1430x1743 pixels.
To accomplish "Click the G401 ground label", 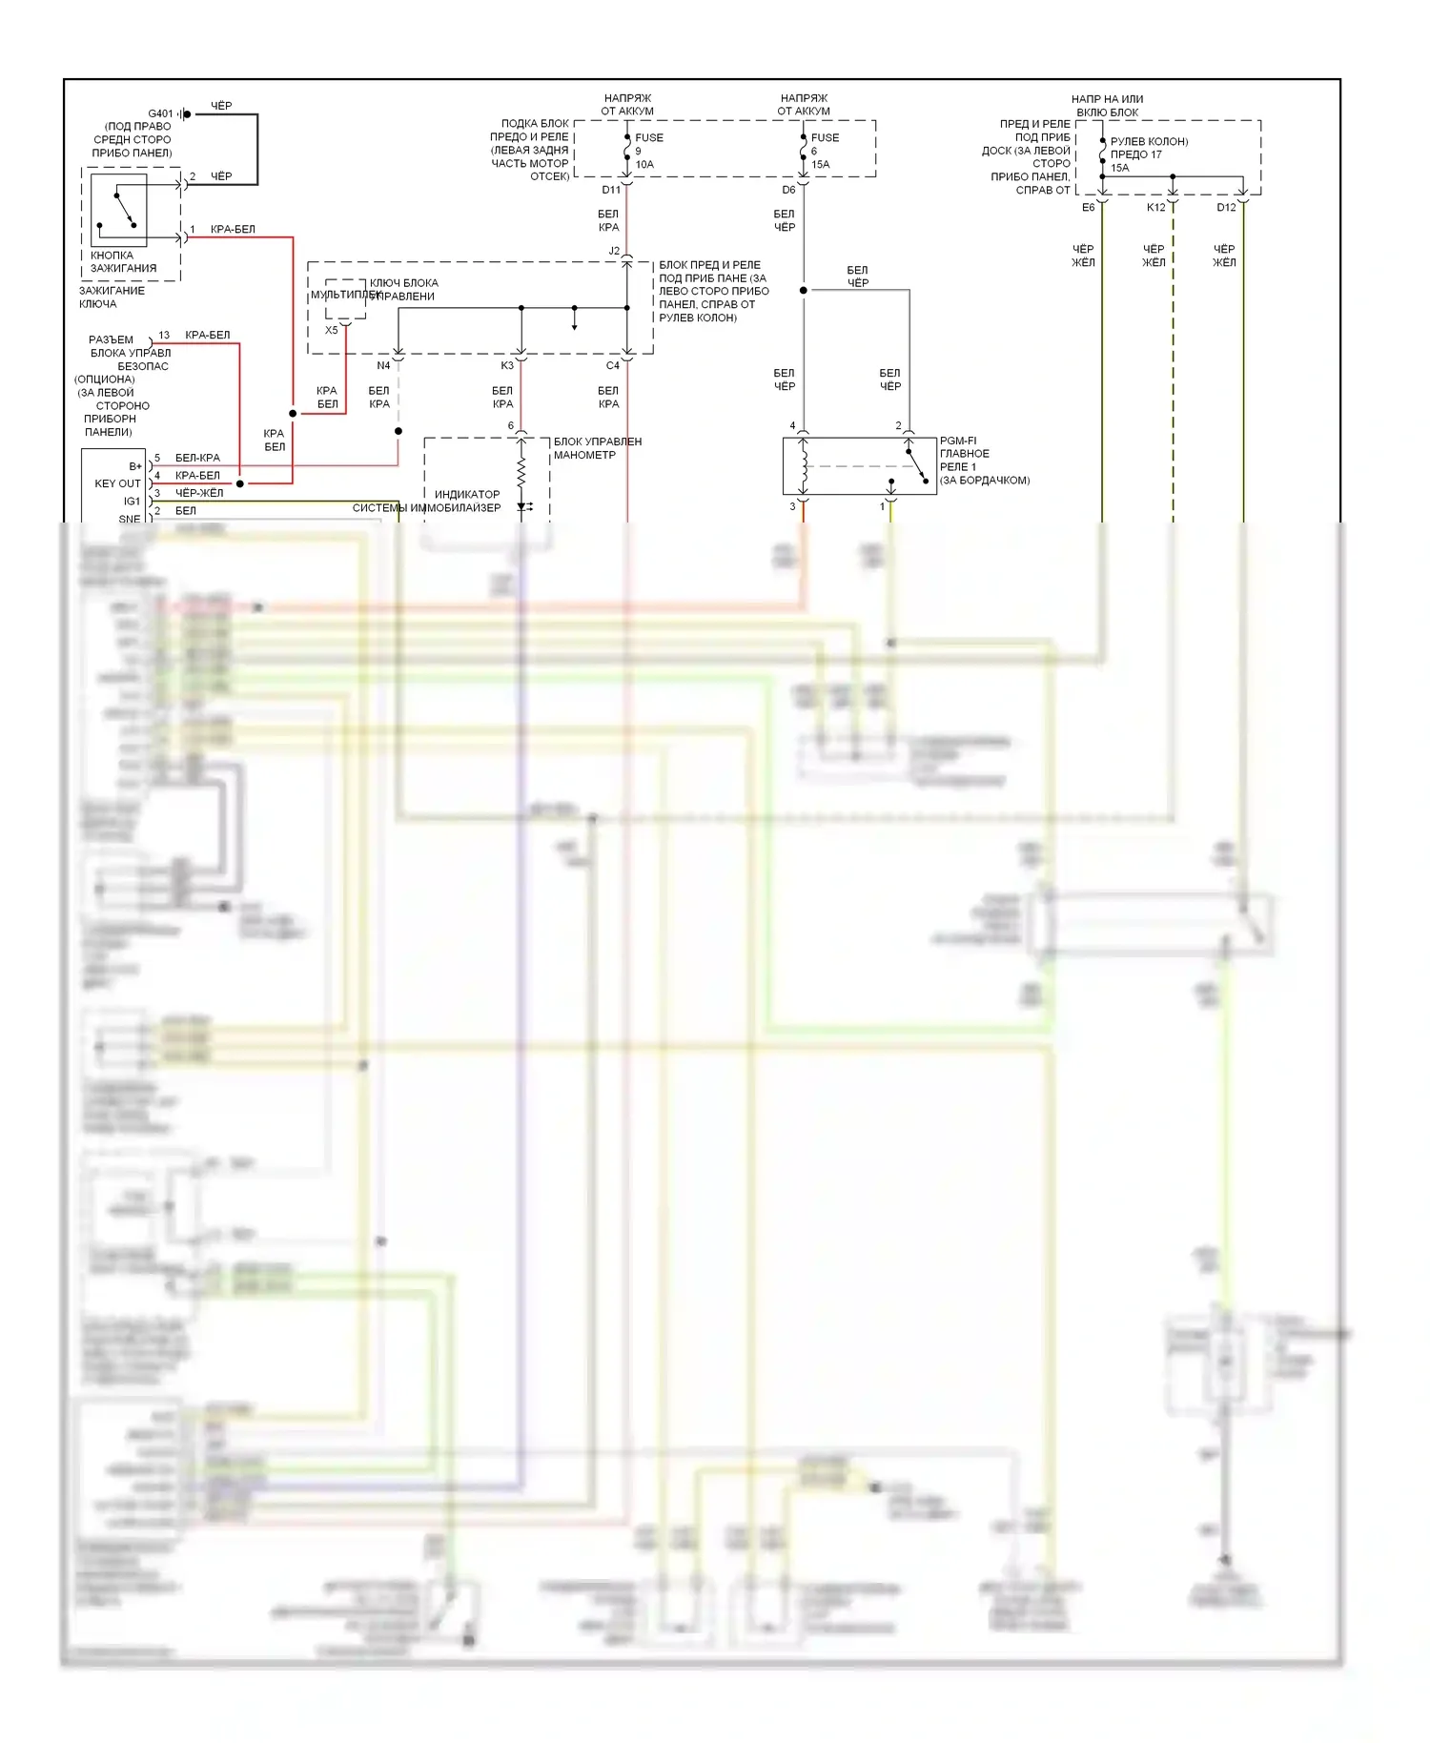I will (160, 113).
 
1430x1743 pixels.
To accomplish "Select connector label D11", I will (611, 190).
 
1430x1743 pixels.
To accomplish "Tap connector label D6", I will (788, 190).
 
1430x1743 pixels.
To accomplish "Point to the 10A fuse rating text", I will (644, 164).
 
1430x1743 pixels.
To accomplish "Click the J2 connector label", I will (614, 251).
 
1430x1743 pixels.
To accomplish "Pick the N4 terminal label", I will (383, 365).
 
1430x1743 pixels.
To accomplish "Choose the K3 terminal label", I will (507, 365).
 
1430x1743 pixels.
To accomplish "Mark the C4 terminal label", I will (612, 365).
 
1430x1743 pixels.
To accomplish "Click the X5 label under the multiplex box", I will (331, 330).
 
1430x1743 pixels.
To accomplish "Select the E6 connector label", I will (1088, 207).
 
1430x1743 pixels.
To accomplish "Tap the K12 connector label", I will (1155, 207).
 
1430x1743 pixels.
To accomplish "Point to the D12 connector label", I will (1226, 207).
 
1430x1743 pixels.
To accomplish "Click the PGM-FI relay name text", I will (958, 441).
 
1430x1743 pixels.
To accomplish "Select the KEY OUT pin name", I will (117, 483).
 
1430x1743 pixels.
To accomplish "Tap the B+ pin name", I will (135, 466).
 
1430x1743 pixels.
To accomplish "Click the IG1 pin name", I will (132, 501).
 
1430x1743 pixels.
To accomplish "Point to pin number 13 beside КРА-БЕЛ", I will (164, 335).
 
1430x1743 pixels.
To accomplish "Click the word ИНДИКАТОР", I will (467, 494).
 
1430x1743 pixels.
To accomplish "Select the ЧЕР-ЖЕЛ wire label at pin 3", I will (199, 493).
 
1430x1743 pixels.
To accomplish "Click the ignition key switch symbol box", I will (118, 210).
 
